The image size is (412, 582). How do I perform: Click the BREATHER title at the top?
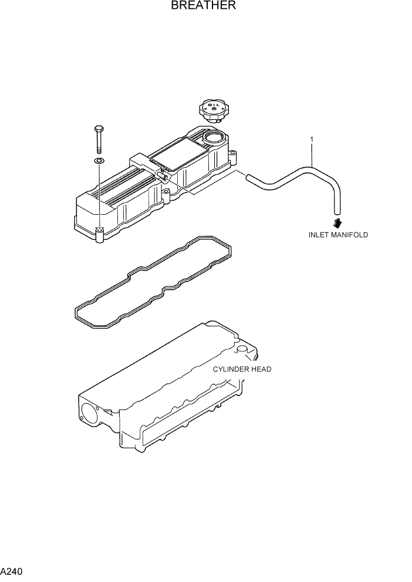click(204, 6)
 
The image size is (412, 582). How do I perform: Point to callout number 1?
click(312, 140)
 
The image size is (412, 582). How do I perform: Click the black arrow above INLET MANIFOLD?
click(337, 222)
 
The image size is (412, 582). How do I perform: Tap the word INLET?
click(320, 235)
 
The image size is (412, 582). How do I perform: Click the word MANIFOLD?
click(351, 235)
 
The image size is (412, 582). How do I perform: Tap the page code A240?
click(12, 571)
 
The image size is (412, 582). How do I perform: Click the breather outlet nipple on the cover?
click(163, 175)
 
